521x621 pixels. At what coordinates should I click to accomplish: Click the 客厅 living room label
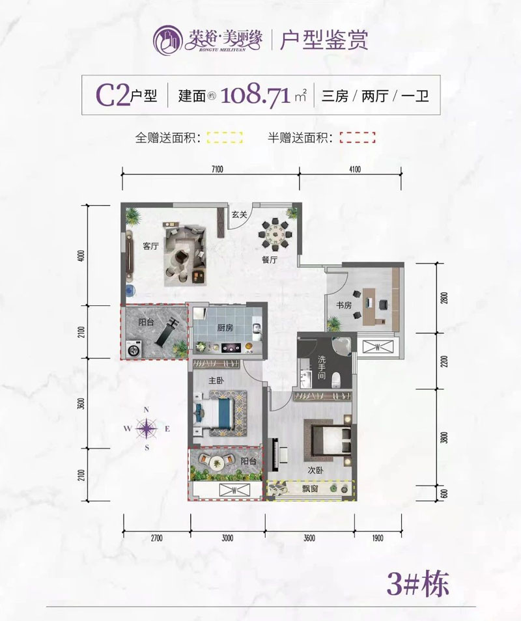[x=151, y=246]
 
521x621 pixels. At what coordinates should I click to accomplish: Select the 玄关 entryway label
[x=239, y=214]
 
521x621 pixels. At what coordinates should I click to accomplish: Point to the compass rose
[x=148, y=428]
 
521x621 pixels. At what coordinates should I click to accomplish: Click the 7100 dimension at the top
[x=217, y=170]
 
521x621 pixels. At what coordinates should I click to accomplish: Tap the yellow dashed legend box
[x=224, y=137]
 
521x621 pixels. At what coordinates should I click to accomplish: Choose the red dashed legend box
[x=357, y=137]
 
